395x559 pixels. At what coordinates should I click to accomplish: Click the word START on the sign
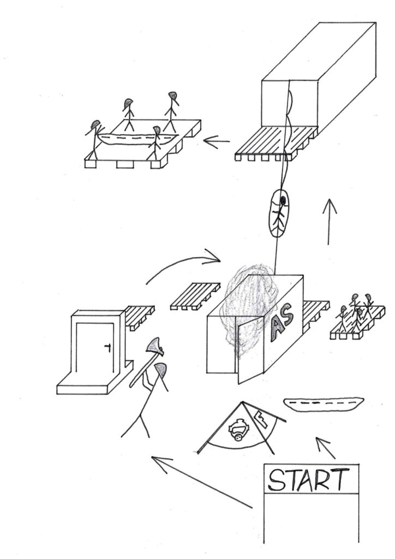(308, 479)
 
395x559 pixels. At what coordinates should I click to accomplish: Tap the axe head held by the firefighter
(155, 347)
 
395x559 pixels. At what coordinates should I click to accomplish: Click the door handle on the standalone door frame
(106, 346)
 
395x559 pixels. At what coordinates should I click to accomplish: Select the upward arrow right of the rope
(330, 221)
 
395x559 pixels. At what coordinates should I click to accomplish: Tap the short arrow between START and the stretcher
(325, 447)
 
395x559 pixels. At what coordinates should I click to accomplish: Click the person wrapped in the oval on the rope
(279, 214)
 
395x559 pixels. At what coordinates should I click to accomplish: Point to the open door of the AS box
(250, 351)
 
